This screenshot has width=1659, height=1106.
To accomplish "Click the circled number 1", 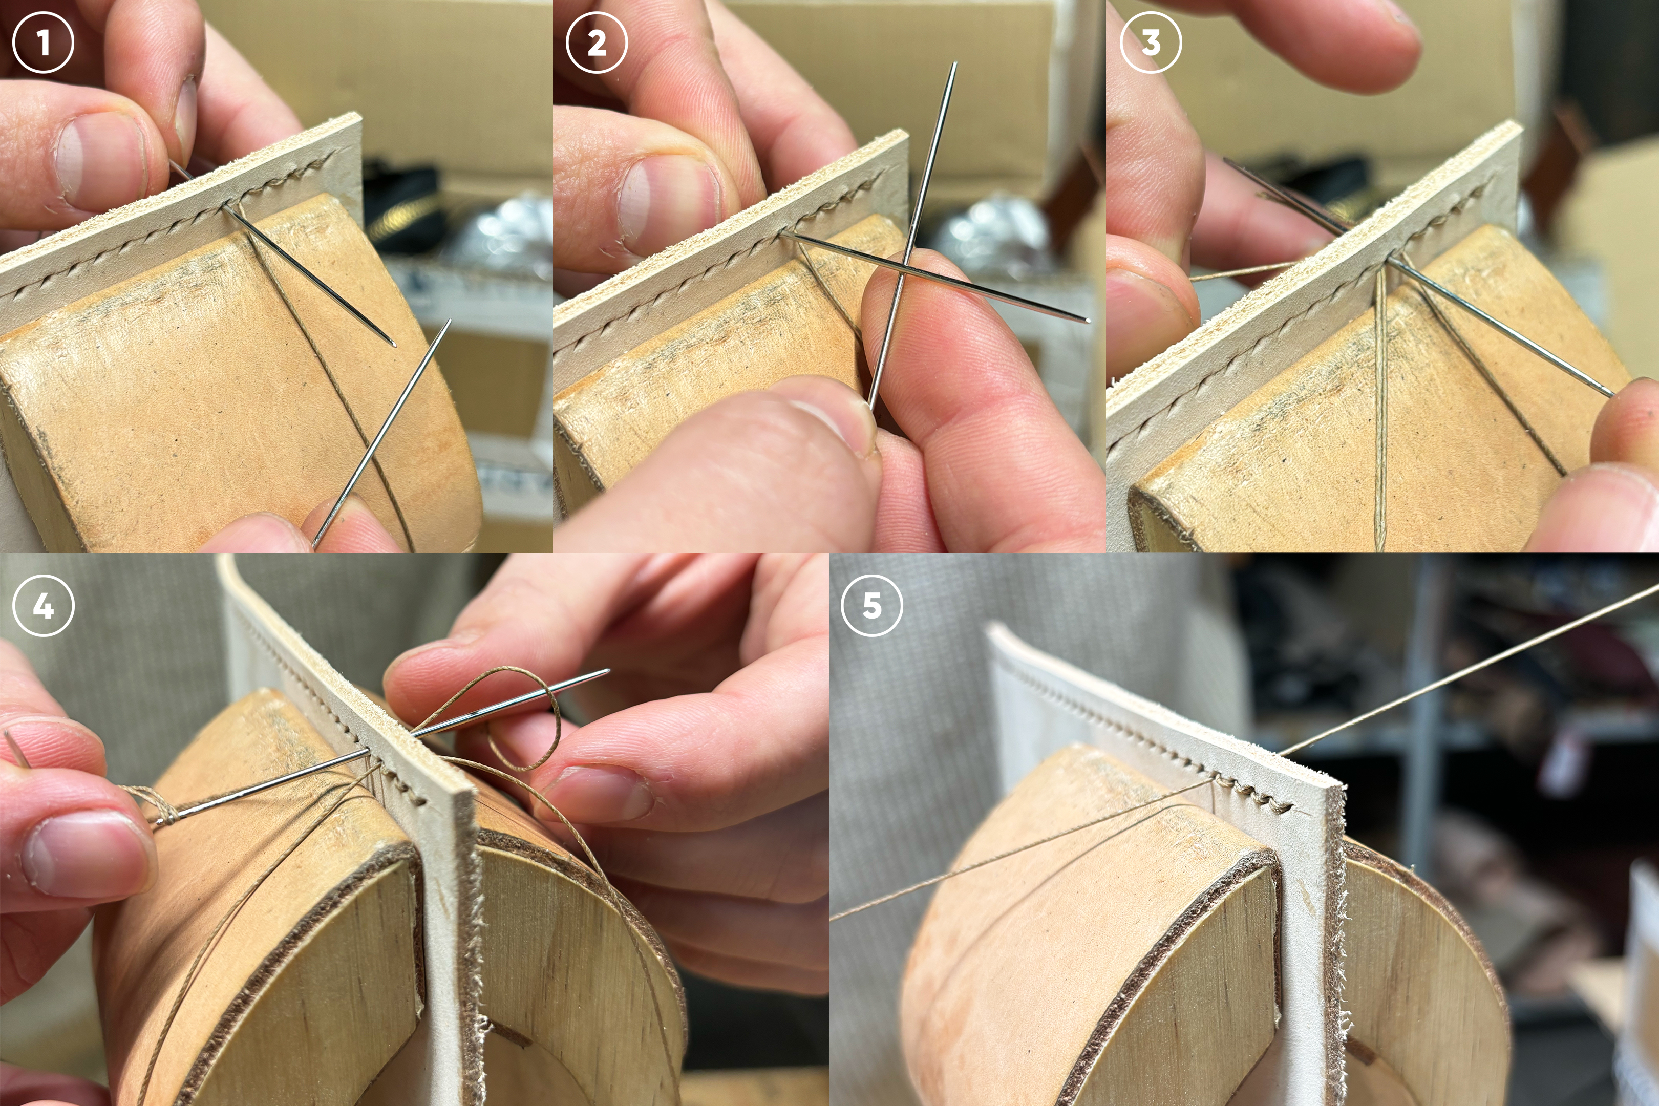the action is pyautogui.click(x=43, y=42).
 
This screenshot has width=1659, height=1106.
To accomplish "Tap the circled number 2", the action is pyautogui.click(x=597, y=42).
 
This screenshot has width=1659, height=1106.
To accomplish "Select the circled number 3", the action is pyautogui.click(x=1151, y=42).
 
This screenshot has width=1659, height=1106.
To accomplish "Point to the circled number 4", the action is pyautogui.click(x=43, y=605).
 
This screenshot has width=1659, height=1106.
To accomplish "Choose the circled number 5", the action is pyautogui.click(x=872, y=605).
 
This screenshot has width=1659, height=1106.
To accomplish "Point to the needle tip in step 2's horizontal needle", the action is pyautogui.click(x=1089, y=321).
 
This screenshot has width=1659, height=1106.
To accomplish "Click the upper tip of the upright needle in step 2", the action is pyautogui.click(x=955, y=63).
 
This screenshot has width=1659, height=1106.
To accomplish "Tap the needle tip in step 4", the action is pyautogui.click(x=608, y=671).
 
